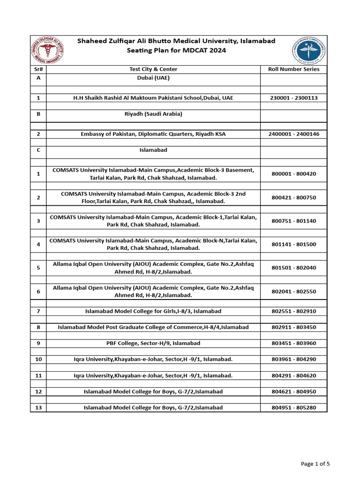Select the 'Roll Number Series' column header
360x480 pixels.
pos(294,69)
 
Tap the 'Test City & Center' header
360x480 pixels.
pos(153,69)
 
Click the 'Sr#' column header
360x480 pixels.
pos(38,69)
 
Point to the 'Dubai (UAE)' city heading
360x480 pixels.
pos(153,78)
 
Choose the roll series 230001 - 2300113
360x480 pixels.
pos(294,98)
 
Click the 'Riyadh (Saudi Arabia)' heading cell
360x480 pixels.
pos(153,114)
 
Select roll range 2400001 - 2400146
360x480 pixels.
pos(294,134)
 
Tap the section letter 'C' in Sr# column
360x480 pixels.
pos(38,150)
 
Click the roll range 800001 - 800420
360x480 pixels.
pos(294,174)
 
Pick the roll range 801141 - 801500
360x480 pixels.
pos(294,244)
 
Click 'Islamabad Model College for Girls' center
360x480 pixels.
pos(153,311)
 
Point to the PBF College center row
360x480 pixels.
pos(153,343)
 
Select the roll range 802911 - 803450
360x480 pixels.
pos(294,327)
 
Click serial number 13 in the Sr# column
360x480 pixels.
pos(38,408)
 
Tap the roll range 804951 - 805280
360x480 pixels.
pos(294,408)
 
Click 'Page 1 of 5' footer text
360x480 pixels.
pos(315,464)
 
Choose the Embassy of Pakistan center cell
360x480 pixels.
pos(153,134)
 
